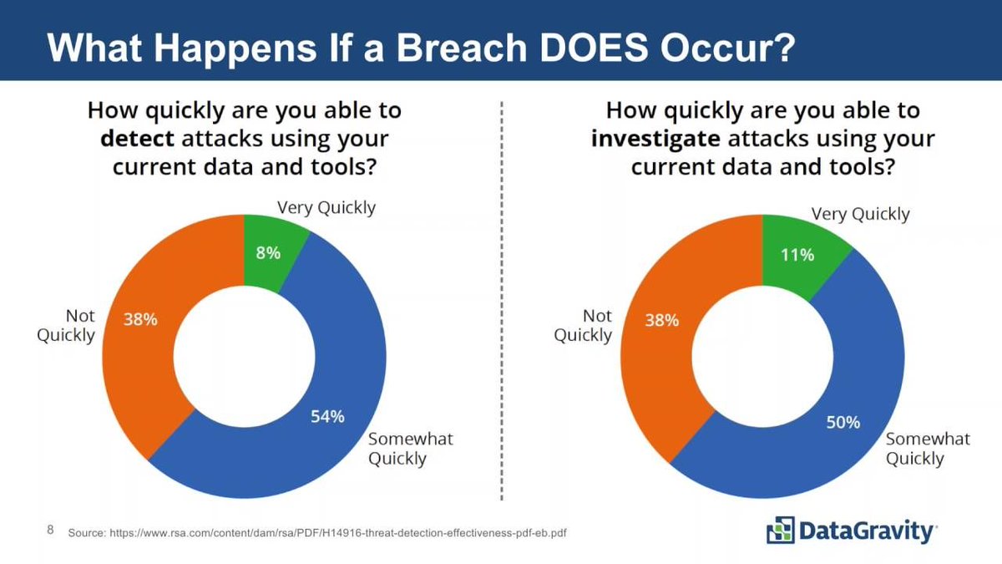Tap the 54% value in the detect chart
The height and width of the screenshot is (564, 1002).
[x=327, y=417]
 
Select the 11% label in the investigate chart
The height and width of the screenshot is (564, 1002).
[x=797, y=254]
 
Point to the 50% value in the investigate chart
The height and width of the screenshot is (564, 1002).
[x=843, y=422]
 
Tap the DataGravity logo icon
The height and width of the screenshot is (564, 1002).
[x=781, y=530]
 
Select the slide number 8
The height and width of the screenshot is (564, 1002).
[x=50, y=531]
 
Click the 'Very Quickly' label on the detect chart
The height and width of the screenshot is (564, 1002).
[x=326, y=207]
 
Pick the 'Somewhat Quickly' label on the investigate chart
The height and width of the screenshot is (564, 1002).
[x=927, y=448]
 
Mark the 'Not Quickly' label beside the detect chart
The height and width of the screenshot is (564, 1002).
[x=66, y=325]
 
